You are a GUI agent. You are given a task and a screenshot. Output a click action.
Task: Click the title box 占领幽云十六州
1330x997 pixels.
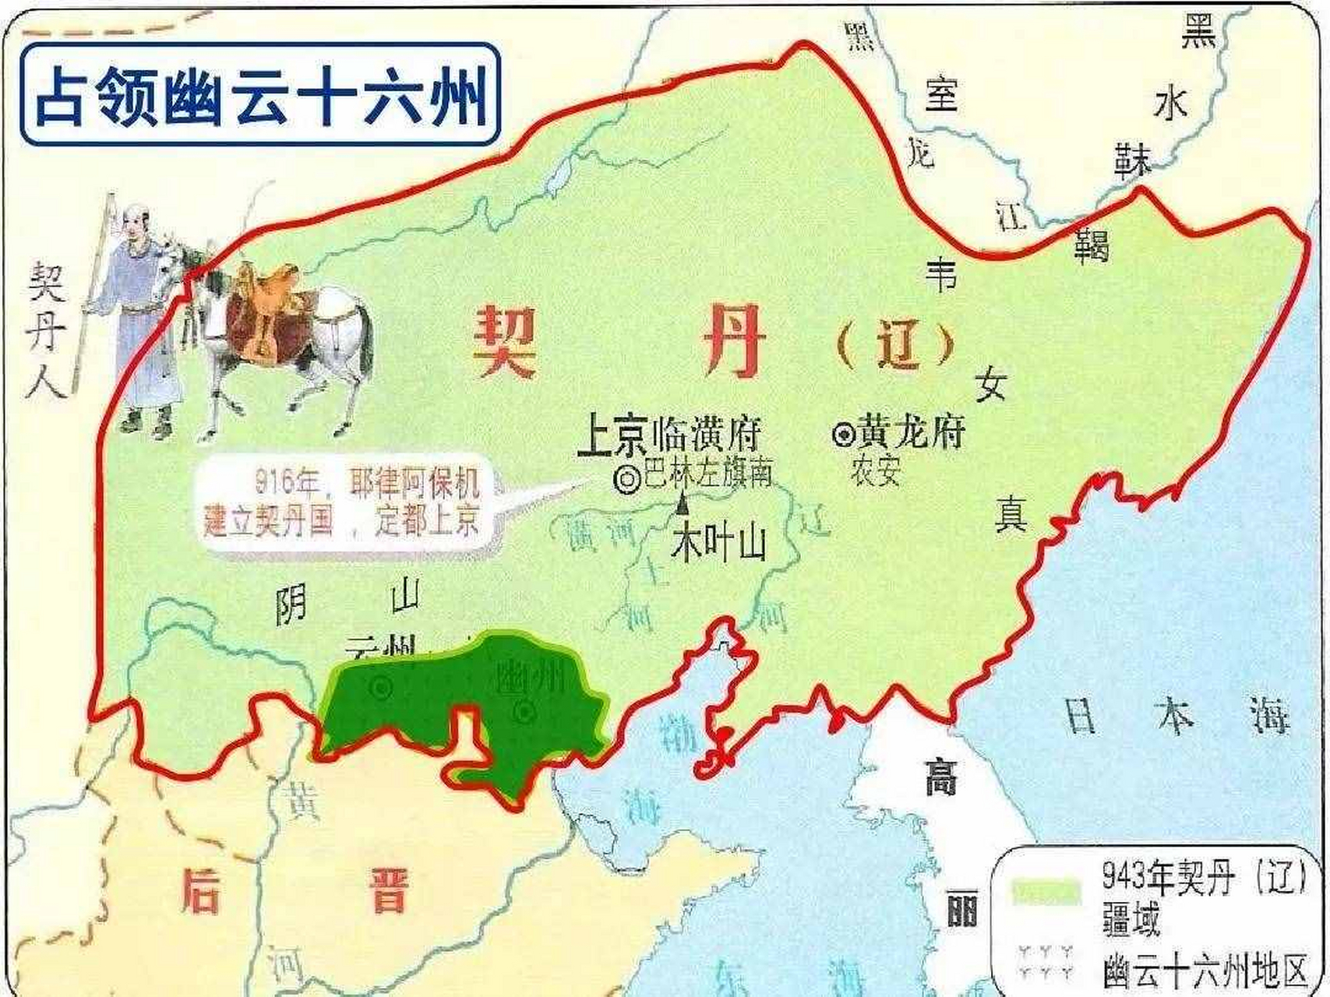pos(259,94)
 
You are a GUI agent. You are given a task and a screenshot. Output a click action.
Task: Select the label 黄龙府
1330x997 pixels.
pos(912,432)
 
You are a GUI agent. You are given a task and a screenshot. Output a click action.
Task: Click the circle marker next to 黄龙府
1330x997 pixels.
pos(843,435)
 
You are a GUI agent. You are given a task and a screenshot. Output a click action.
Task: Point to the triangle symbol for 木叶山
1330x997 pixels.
pos(683,506)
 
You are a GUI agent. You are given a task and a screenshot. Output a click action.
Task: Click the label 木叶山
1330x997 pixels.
pos(718,544)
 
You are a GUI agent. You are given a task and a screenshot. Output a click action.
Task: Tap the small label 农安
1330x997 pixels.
pos(877,473)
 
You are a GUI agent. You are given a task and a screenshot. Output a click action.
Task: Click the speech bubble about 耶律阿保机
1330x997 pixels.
pos(343,503)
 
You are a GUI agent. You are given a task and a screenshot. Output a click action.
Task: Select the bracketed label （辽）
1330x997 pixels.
pos(896,347)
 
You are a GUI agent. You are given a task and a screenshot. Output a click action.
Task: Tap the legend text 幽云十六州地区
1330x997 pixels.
pos(1205,971)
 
